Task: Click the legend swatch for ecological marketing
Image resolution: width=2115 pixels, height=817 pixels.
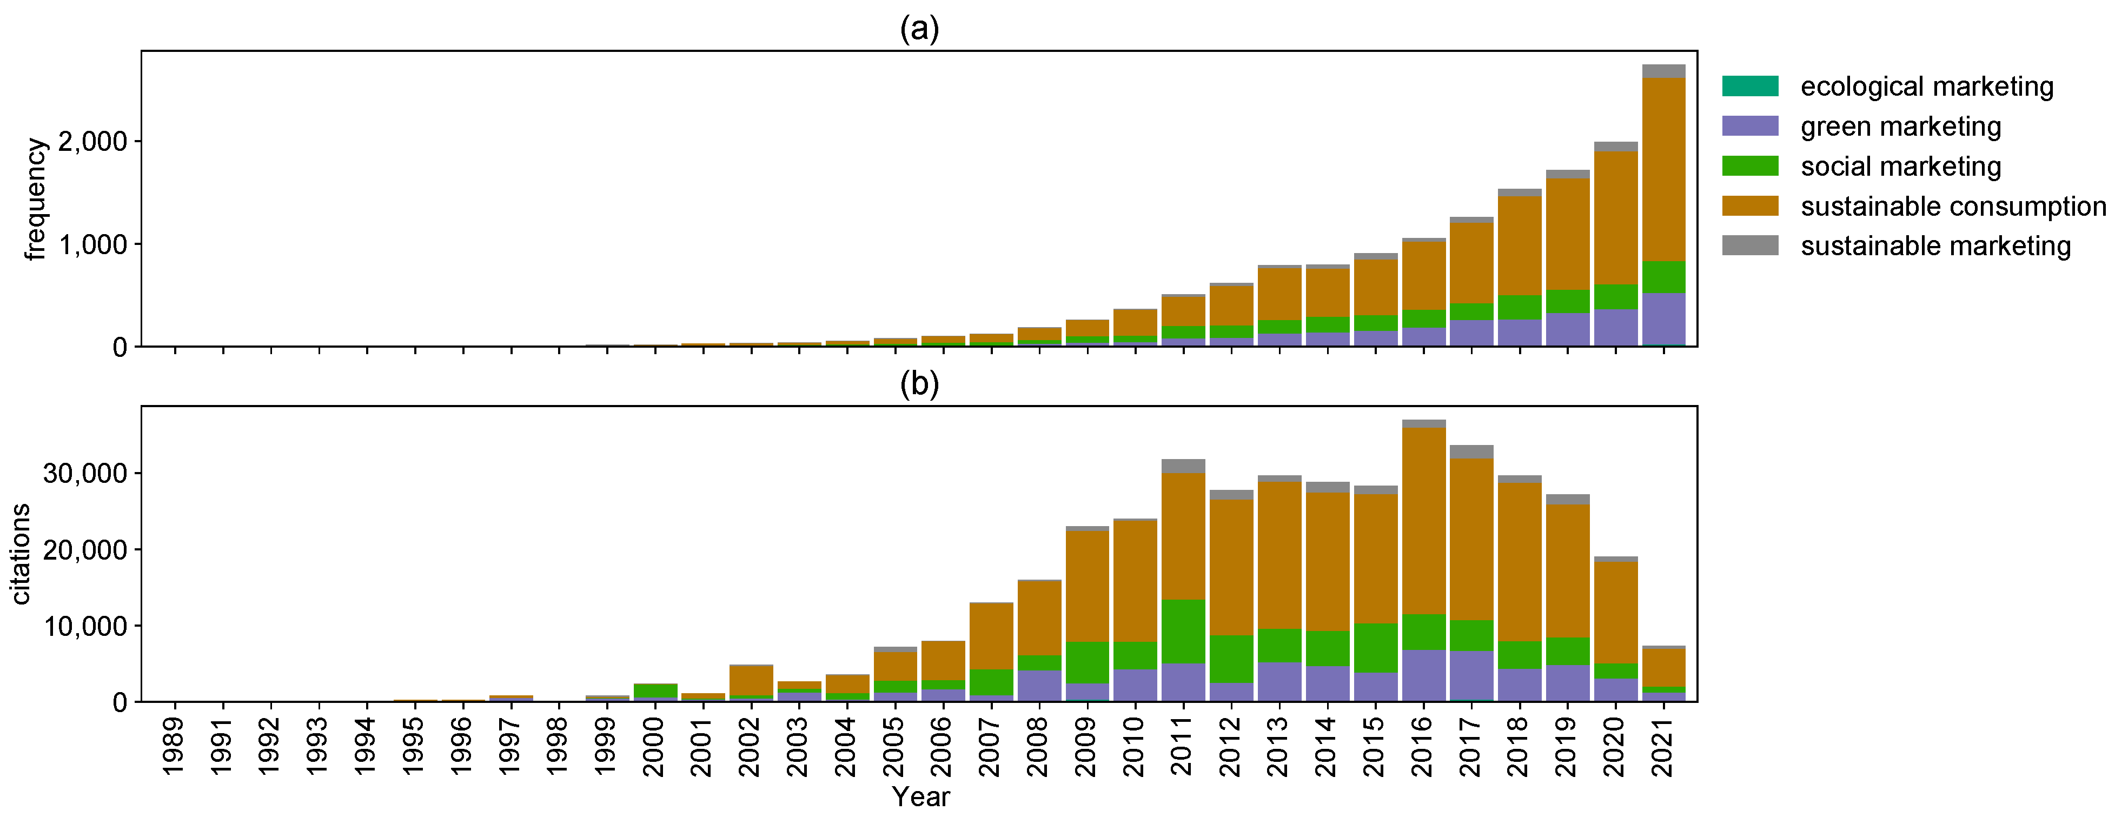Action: point(1749,86)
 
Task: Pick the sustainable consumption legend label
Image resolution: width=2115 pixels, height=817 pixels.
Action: point(1952,206)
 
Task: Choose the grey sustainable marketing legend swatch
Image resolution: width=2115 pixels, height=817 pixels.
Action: point(1749,245)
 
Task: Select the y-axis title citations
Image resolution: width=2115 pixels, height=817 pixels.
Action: point(21,554)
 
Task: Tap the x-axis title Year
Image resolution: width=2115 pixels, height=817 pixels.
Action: point(920,796)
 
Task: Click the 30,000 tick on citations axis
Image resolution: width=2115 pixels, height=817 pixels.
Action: point(85,474)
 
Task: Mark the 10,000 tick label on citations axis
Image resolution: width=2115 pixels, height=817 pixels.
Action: point(85,627)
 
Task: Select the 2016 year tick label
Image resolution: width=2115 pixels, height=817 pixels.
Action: point(1423,746)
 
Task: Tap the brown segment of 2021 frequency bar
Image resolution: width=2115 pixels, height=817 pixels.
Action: point(1663,168)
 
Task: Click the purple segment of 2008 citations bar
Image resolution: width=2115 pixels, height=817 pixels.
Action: point(1039,686)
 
